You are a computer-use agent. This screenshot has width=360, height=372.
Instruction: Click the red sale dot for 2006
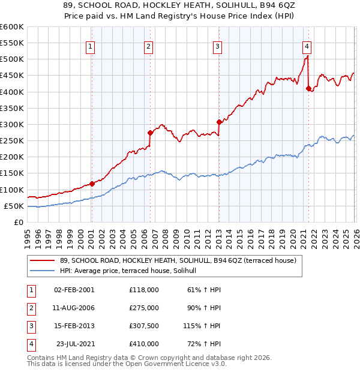click(150, 133)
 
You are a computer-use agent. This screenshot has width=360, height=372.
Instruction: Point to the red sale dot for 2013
click(219, 122)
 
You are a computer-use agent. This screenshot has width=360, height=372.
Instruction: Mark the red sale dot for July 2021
click(308, 88)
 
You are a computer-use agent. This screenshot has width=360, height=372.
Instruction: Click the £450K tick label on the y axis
click(11, 76)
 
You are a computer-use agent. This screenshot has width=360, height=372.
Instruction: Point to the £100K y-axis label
click(11, 190)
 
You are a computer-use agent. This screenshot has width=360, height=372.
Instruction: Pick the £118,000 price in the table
click(144, 289)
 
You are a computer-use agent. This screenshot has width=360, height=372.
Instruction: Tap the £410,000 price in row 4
click(144, 344)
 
